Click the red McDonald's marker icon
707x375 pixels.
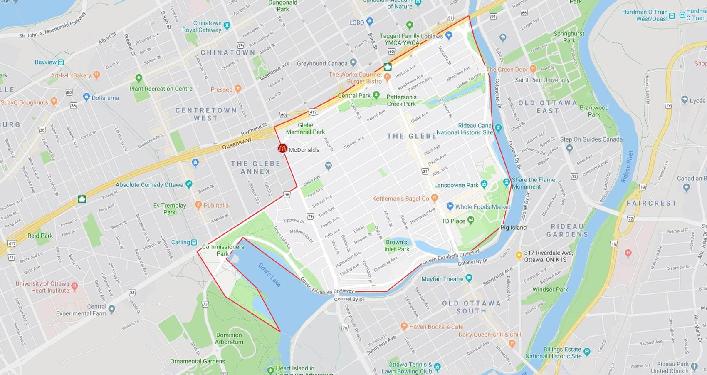[282, 148]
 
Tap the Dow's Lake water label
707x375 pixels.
[269, 275]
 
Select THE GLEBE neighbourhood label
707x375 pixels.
[411, 136]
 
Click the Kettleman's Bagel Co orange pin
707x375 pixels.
[435, 198]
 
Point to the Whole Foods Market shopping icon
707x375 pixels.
[450, 206]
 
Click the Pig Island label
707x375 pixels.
[513, 228]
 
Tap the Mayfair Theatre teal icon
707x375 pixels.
[469, 278]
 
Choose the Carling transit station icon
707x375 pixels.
[194, 242]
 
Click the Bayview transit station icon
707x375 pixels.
[61, 62]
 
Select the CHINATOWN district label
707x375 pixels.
[228, 52]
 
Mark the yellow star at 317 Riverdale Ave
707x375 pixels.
[519, 255]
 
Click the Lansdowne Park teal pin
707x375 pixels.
[484, 184]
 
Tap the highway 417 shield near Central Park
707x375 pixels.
[313, 112]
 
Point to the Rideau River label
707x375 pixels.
[627, 166]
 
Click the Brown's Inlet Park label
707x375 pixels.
[396, 246]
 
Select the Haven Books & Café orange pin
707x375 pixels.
[404, 326]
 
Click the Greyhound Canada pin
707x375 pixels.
[353, 63]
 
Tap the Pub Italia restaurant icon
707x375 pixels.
[198, 205]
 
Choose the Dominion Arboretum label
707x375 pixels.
[229, 338]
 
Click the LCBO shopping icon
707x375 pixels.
[370, 21]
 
